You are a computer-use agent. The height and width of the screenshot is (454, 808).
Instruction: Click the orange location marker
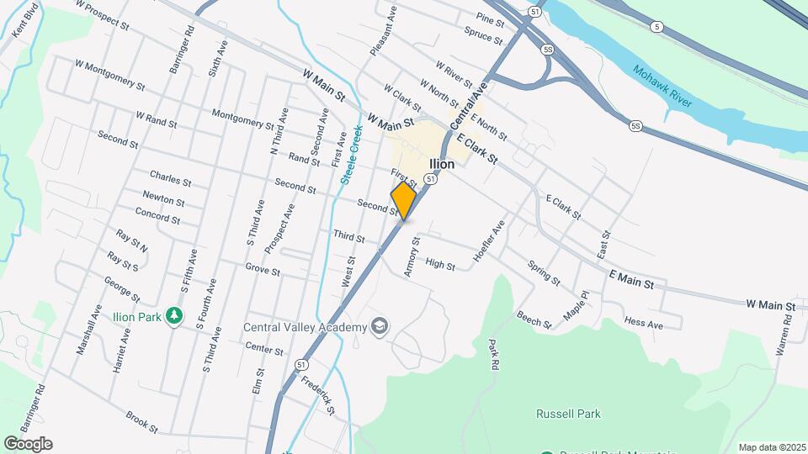404,201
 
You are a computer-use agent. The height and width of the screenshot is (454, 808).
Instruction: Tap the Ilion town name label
442,164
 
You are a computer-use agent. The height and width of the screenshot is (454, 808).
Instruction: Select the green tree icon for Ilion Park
174,315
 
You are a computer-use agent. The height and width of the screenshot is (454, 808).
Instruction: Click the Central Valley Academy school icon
380,326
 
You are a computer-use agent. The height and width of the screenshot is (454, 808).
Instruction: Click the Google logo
28,444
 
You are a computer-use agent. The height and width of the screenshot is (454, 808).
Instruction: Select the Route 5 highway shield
656,27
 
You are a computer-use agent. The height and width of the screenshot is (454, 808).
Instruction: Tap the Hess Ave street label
644,322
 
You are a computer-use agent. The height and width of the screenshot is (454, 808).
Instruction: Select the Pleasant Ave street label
381,31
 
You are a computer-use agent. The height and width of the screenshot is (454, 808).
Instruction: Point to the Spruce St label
482,34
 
